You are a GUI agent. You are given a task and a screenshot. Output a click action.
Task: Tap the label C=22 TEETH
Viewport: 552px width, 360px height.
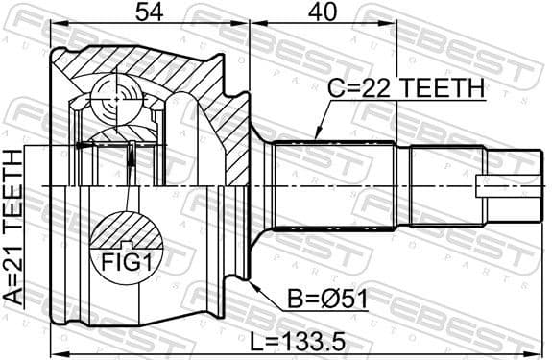point(406,89)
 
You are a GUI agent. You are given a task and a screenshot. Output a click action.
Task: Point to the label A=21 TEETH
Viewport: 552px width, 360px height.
point(13,227)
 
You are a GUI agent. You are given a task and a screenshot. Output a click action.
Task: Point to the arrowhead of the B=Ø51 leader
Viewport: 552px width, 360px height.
point(252,281)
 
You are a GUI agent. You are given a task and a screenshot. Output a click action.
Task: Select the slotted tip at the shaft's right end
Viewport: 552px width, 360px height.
point(508,183)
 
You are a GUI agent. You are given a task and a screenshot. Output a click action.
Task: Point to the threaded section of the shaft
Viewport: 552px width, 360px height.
point(446,183)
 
